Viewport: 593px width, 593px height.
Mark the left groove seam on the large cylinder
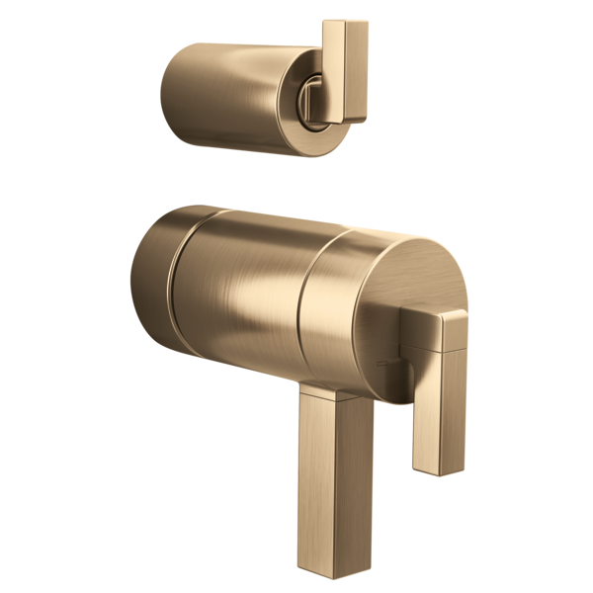174,287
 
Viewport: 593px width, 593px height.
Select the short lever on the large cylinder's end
435,385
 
